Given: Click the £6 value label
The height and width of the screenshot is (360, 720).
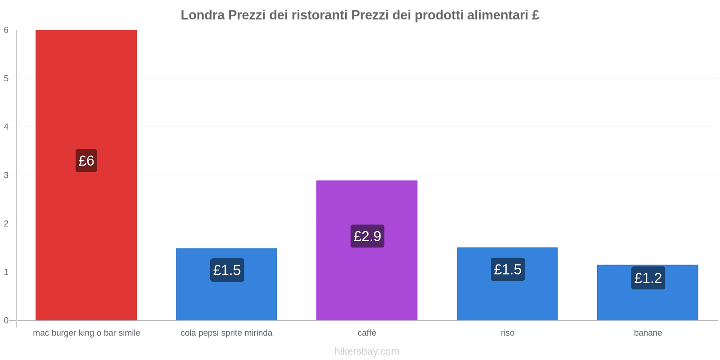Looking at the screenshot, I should click(86, 161).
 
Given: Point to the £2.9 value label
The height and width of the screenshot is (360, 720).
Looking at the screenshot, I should click(367, 236).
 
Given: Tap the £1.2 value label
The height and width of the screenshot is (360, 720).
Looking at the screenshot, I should click(648, 278).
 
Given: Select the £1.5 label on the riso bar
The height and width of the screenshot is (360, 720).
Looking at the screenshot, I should click(508, 270).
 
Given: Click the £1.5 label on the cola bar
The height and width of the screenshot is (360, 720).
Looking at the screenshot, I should click(227, 270).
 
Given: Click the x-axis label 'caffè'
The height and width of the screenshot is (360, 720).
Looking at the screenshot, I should click(367, 333).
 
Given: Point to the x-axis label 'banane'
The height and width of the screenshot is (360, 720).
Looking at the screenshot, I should click(648, 333).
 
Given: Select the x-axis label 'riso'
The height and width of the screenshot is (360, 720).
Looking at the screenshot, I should click(507, 333).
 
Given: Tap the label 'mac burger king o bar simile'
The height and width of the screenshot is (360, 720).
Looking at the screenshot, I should click(86, 333).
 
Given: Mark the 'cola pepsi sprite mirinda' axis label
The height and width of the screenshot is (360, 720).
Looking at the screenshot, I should click(226, 333).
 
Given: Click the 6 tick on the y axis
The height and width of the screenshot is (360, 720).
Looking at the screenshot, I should click(6, 30).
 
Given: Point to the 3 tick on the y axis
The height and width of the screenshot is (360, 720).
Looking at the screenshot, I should click(6, 175).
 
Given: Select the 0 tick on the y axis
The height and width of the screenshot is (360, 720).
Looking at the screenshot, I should click(6, 320).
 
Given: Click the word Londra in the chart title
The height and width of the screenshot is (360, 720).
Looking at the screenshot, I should click(202, 15).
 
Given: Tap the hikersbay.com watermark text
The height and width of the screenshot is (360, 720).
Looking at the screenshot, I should click(367, 351).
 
